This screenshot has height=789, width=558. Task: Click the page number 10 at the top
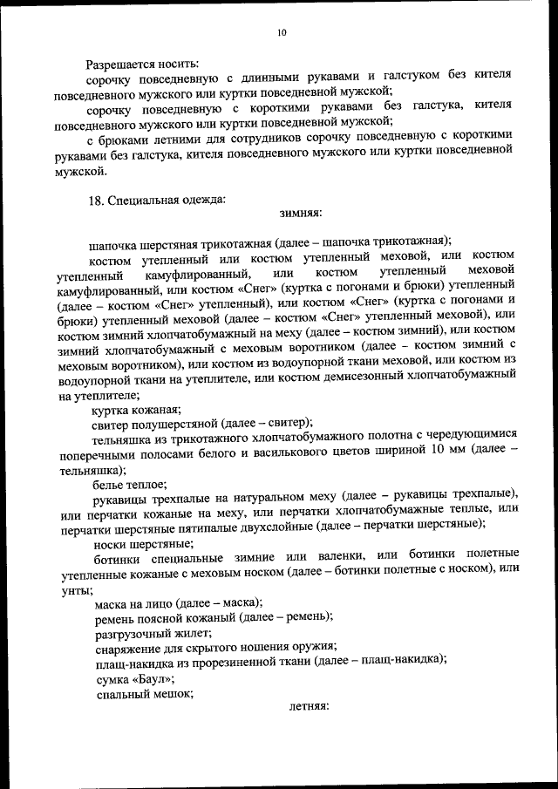click(x=281, y=32)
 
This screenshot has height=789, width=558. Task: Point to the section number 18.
click(x=96, y=199)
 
